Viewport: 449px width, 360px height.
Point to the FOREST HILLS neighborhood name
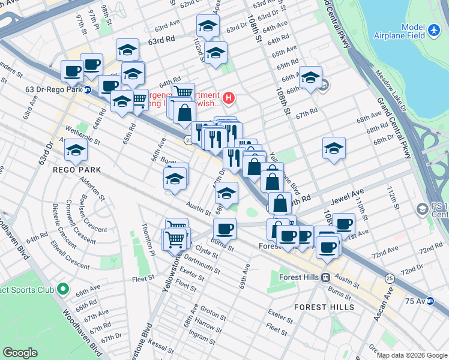(319, 307)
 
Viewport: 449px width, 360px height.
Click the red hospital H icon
(228, 97)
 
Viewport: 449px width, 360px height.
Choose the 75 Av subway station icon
(430, 301)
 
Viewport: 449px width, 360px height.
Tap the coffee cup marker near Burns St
(225, 229)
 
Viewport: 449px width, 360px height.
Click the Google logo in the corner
(20, 353)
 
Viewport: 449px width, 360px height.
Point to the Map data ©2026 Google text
(412, 355)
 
